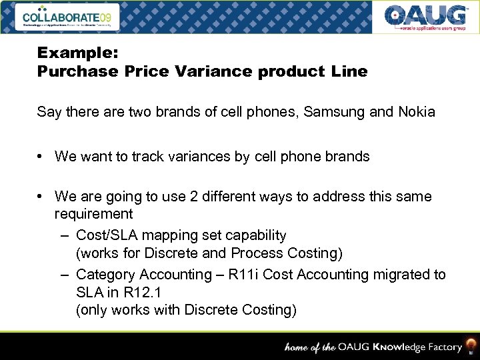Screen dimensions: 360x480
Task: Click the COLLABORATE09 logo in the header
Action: click(71, 17)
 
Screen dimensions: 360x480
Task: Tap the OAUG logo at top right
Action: click(425, 17)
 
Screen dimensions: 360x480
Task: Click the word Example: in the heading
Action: click(68, 52)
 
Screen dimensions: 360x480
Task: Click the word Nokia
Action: click(416, 112)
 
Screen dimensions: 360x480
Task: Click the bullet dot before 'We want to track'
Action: click(41, 157)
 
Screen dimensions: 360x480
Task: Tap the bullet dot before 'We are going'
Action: click(41, 197)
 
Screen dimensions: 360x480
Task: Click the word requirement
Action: click(93, 214)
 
